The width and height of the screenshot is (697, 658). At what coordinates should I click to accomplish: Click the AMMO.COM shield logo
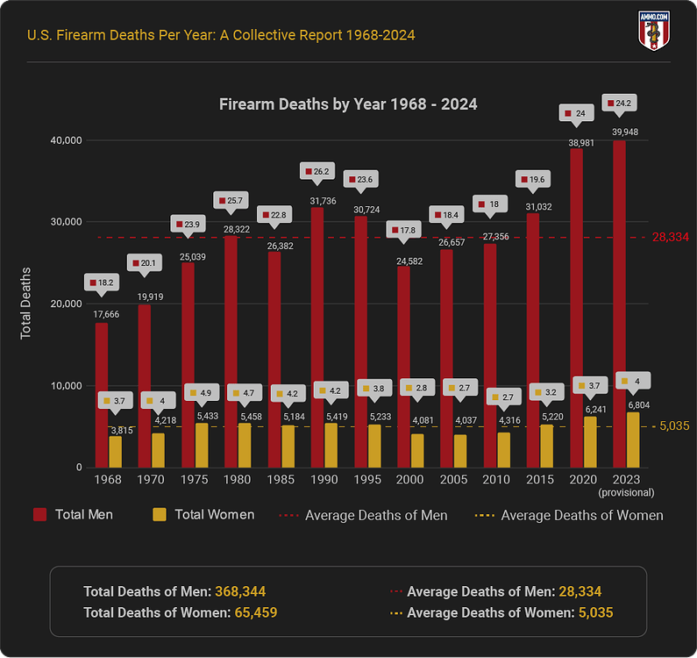pyautogui.click(x=653, y=32)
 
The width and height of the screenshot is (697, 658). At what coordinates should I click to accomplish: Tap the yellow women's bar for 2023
pyautogui.click(x=633, y=440)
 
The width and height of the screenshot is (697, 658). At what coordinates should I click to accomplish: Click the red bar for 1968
pyautogui.click(x=102, y=395)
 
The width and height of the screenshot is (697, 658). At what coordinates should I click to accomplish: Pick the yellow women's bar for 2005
pyautogui.click(x=460, y=451)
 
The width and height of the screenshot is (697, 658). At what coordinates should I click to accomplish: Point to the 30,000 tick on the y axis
pyautogui.click(x=63, y=222)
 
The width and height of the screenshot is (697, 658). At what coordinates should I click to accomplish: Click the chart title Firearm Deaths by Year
pyautogui.click(x=348, y=104)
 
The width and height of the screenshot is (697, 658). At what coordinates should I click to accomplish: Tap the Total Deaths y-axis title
pyautogui.click(x=26, y=304)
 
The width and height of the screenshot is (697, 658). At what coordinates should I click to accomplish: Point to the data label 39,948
pyautogui.click(x=626, y=132)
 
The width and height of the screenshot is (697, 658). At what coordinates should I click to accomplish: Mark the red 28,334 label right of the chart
pyautogui.click(x=671, y=238)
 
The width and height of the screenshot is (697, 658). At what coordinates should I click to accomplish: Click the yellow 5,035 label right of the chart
pyautogui.click(x=674, y=426)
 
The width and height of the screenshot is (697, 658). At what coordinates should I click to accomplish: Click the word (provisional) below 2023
pyautogui.click(x=626, y=494)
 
